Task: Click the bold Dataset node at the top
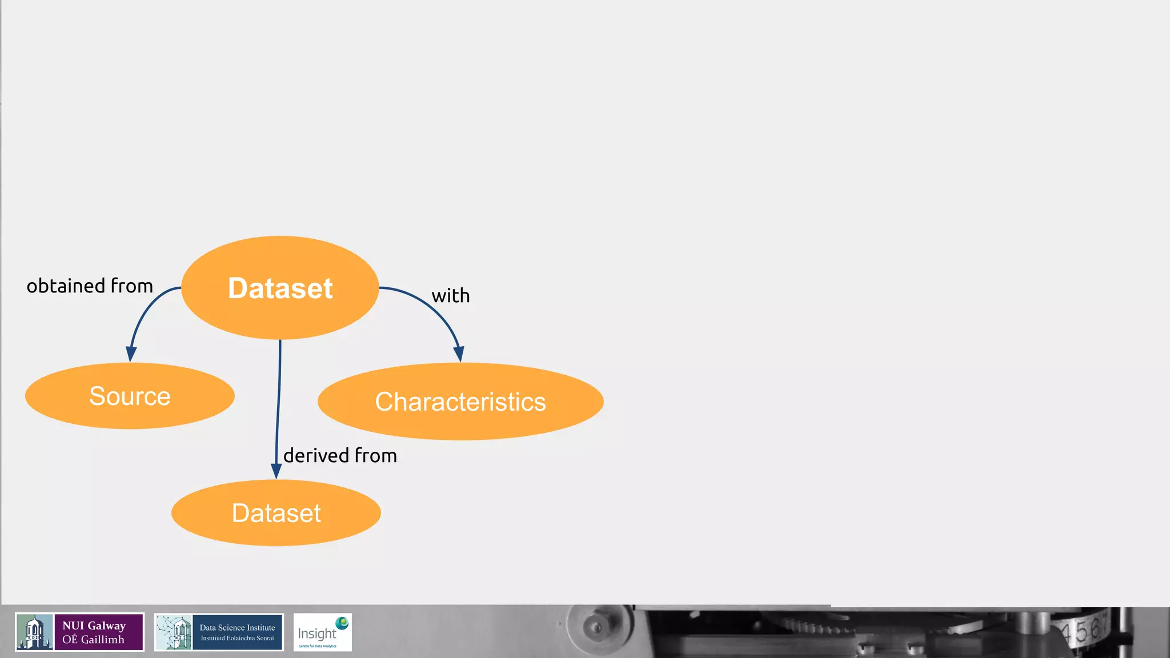tap(280, 287)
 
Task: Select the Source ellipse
tap(130, 396)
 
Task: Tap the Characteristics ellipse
tap(460, 402)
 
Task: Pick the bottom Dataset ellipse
tap(276, 513)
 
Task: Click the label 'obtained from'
tap(90, 286)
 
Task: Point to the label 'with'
tap(451, 296)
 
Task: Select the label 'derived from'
tap(340, 455)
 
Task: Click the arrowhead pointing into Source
tap(131, 354)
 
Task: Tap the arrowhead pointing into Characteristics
tap(459, 354)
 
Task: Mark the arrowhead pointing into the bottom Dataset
tap(276, 471)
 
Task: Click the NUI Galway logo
tap(79, 632)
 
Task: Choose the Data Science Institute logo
tap(219, 632)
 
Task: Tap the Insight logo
tap(322, 632)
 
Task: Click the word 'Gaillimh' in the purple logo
tap(103, 640)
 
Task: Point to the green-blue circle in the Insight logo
tap(342, 623)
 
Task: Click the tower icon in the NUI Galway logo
tap(34, 632)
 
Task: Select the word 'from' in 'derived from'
tap(375, 455)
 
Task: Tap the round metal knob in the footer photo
tap(596, 627)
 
